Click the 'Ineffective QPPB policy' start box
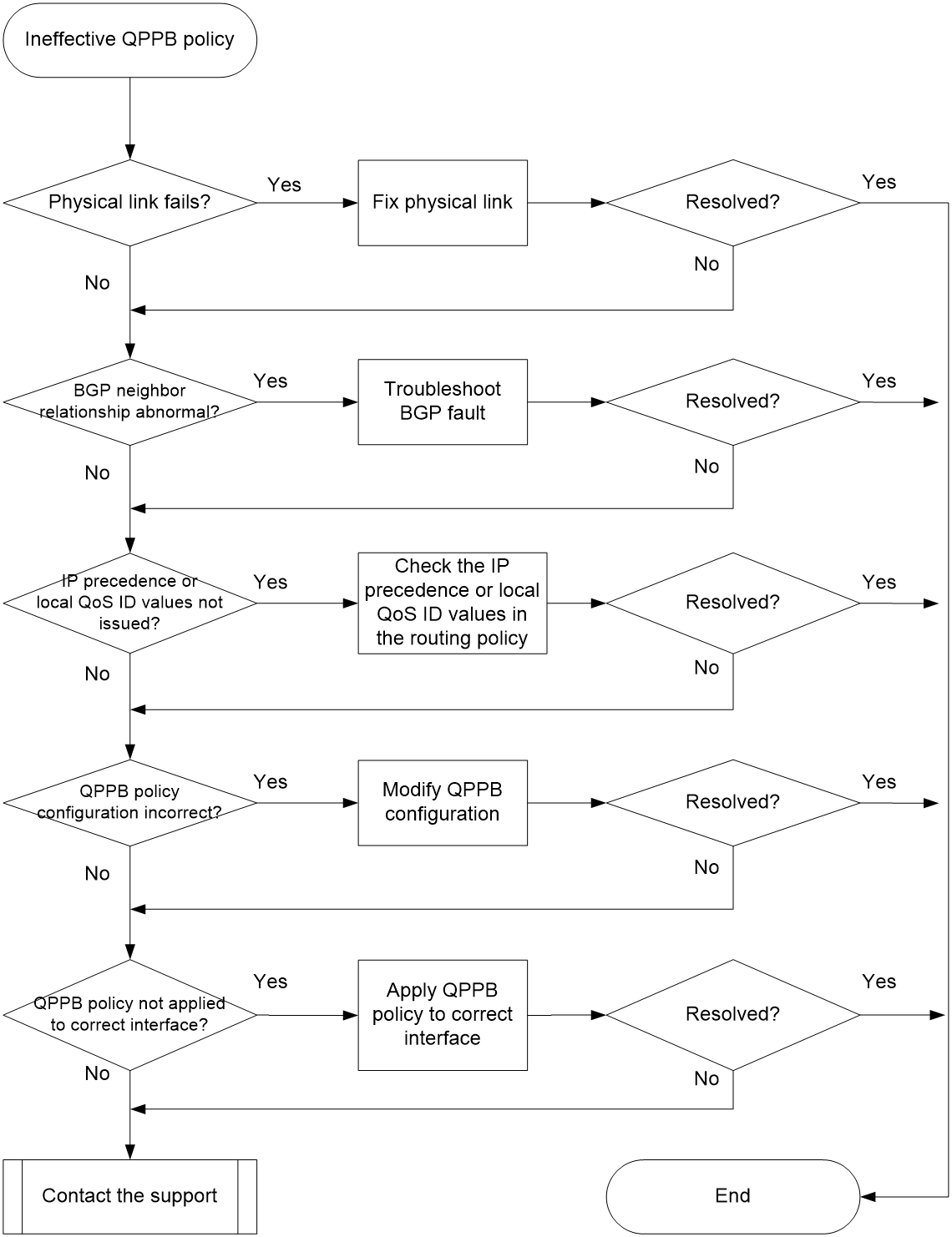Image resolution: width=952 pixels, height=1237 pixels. [x=129, y=40]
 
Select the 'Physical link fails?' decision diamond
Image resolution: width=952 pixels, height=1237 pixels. [x=129, y=203]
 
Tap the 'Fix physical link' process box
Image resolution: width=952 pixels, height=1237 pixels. [x=443, y=203]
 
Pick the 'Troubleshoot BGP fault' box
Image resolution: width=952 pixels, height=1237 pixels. [x=443, y=401]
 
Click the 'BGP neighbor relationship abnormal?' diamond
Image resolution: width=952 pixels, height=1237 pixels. [x=129, y=401]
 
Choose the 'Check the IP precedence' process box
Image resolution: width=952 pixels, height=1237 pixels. [x=452, y=603]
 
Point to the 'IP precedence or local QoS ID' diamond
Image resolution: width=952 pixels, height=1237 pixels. [x=129, y=603]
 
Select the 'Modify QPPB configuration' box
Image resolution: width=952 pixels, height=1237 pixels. [x=443, y=803]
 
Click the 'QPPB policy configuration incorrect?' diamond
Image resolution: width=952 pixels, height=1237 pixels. [x=129, y=803]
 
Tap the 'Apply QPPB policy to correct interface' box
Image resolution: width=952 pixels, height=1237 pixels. [x=443, y=1015]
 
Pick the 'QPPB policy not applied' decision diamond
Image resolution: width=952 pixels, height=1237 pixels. [x=129, y=1015]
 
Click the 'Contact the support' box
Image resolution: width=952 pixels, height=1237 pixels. [x=129, y=1196]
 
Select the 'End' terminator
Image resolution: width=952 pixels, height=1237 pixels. [x=733, y=1196]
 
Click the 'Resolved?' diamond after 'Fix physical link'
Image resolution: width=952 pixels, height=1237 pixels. [x=733, y=203]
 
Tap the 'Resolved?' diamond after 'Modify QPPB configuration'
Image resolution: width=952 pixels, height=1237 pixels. [x=733, y=803]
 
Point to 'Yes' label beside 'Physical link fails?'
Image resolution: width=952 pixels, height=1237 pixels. [x=284, y=184]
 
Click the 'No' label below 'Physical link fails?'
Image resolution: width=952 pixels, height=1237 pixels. [x=97, y=282]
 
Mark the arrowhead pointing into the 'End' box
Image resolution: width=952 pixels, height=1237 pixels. [x=868, y=1197]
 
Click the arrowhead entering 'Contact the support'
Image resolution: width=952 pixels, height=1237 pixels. [x=129, y=1152]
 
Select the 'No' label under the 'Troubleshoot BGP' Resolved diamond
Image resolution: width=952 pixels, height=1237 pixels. [x=706, y=467]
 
